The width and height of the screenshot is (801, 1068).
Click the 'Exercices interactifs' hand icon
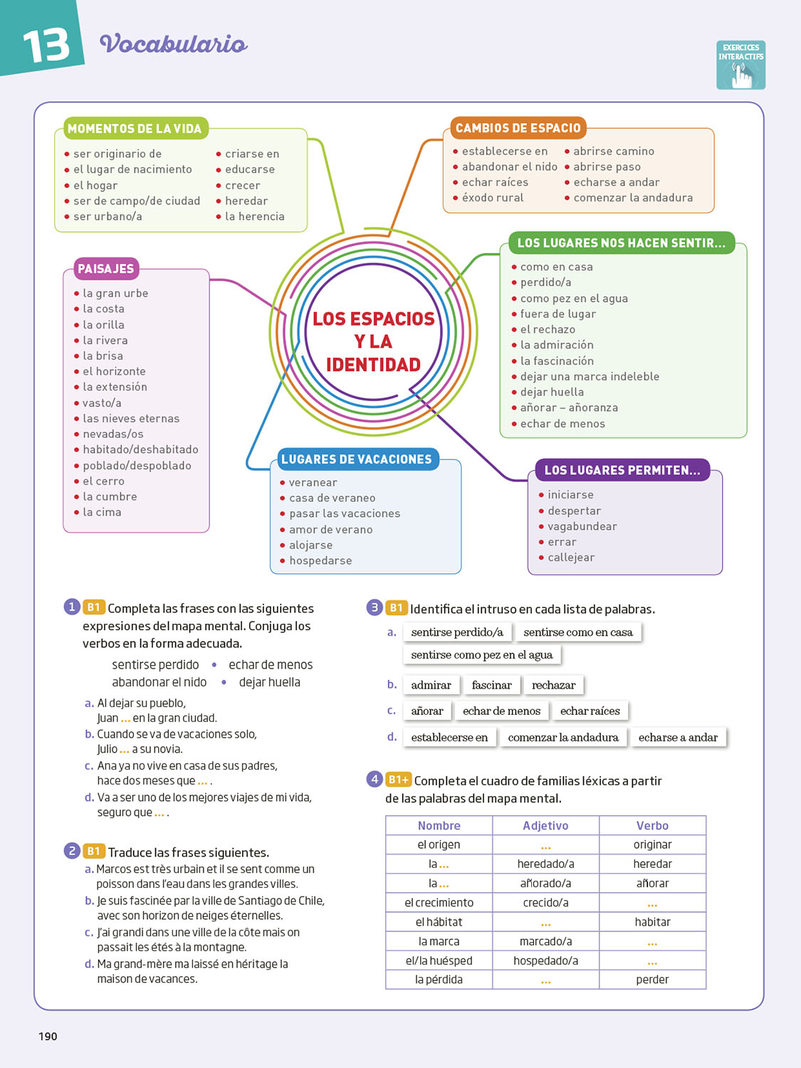click(740, 66)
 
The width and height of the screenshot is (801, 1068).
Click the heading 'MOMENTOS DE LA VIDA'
click(135, 129)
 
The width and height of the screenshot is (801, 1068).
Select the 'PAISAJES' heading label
click(106, 269)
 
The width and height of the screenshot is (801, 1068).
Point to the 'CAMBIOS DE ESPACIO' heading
click(518, 128)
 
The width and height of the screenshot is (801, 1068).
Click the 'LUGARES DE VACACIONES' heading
click(356, 459)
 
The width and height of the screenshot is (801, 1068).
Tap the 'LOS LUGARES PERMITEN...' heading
click(622, 470)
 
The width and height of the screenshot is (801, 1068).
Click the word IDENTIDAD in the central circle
click(373, 365)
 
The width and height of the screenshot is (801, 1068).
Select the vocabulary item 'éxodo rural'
click(493, 198)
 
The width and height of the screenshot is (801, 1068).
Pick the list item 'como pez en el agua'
click(574, 298)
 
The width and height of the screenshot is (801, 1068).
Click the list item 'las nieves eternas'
click(131, 419)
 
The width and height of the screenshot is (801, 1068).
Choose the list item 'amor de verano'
click(330, 530)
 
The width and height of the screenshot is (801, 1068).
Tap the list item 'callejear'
click(571, 557)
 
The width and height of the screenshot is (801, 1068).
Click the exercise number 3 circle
click(375, 607)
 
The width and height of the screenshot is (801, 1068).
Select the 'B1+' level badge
click(399, 780)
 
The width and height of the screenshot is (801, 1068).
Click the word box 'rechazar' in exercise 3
click(553, 685)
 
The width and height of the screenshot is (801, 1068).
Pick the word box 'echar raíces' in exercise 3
click(590, 711)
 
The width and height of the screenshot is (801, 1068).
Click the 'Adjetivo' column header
click(545, 826)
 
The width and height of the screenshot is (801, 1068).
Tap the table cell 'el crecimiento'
click(439, 903)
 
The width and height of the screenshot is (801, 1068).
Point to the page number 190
click(48, 1037)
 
